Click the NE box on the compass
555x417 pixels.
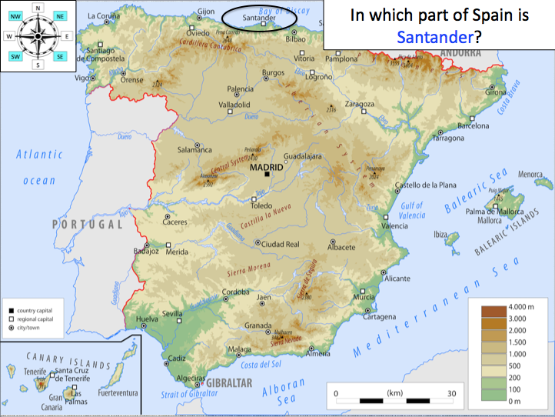point(61,15)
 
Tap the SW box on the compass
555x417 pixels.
point(15,56)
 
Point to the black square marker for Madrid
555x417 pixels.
point(267,175)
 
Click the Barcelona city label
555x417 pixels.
point(473,125)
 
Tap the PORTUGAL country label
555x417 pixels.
point(87,225)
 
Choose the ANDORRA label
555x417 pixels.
point(459,52)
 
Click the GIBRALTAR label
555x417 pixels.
point(228,382)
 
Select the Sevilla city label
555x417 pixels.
point(171,314)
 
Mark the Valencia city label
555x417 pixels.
point(394,226)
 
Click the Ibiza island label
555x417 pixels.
point(440,233)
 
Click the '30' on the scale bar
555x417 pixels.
point(452,392)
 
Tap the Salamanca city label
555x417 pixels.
point(194,149)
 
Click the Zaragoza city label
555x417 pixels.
point(359,103)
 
